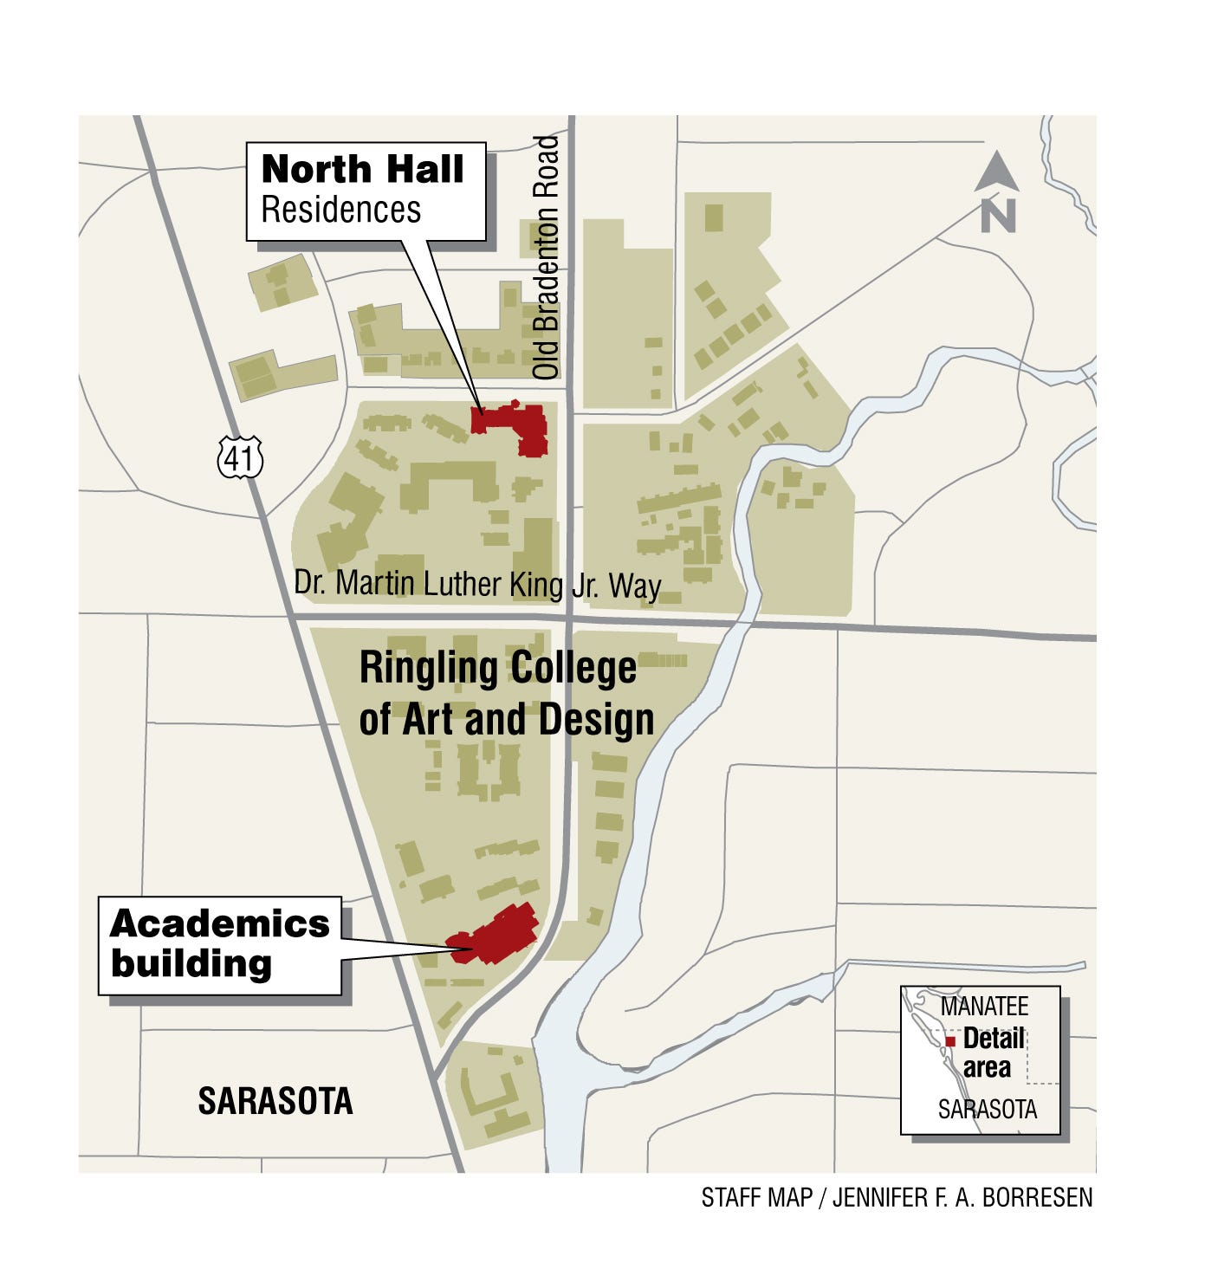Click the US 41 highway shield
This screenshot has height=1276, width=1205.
239,457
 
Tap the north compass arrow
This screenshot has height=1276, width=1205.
996,172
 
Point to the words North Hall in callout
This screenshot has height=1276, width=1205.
362,169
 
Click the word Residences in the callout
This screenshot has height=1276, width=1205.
340,211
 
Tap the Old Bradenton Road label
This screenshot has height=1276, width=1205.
546,257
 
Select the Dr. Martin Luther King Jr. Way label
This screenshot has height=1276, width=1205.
477,585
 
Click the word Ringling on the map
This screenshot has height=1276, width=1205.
429,669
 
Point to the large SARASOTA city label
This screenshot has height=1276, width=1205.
275,1101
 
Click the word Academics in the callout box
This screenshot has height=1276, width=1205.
220,924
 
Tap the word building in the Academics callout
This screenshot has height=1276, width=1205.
191,963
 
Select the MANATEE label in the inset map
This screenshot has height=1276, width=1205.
984,1007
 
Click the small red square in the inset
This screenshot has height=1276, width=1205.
950,1041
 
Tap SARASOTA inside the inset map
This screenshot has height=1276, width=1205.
988,1110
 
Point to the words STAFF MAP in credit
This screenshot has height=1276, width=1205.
756,1198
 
